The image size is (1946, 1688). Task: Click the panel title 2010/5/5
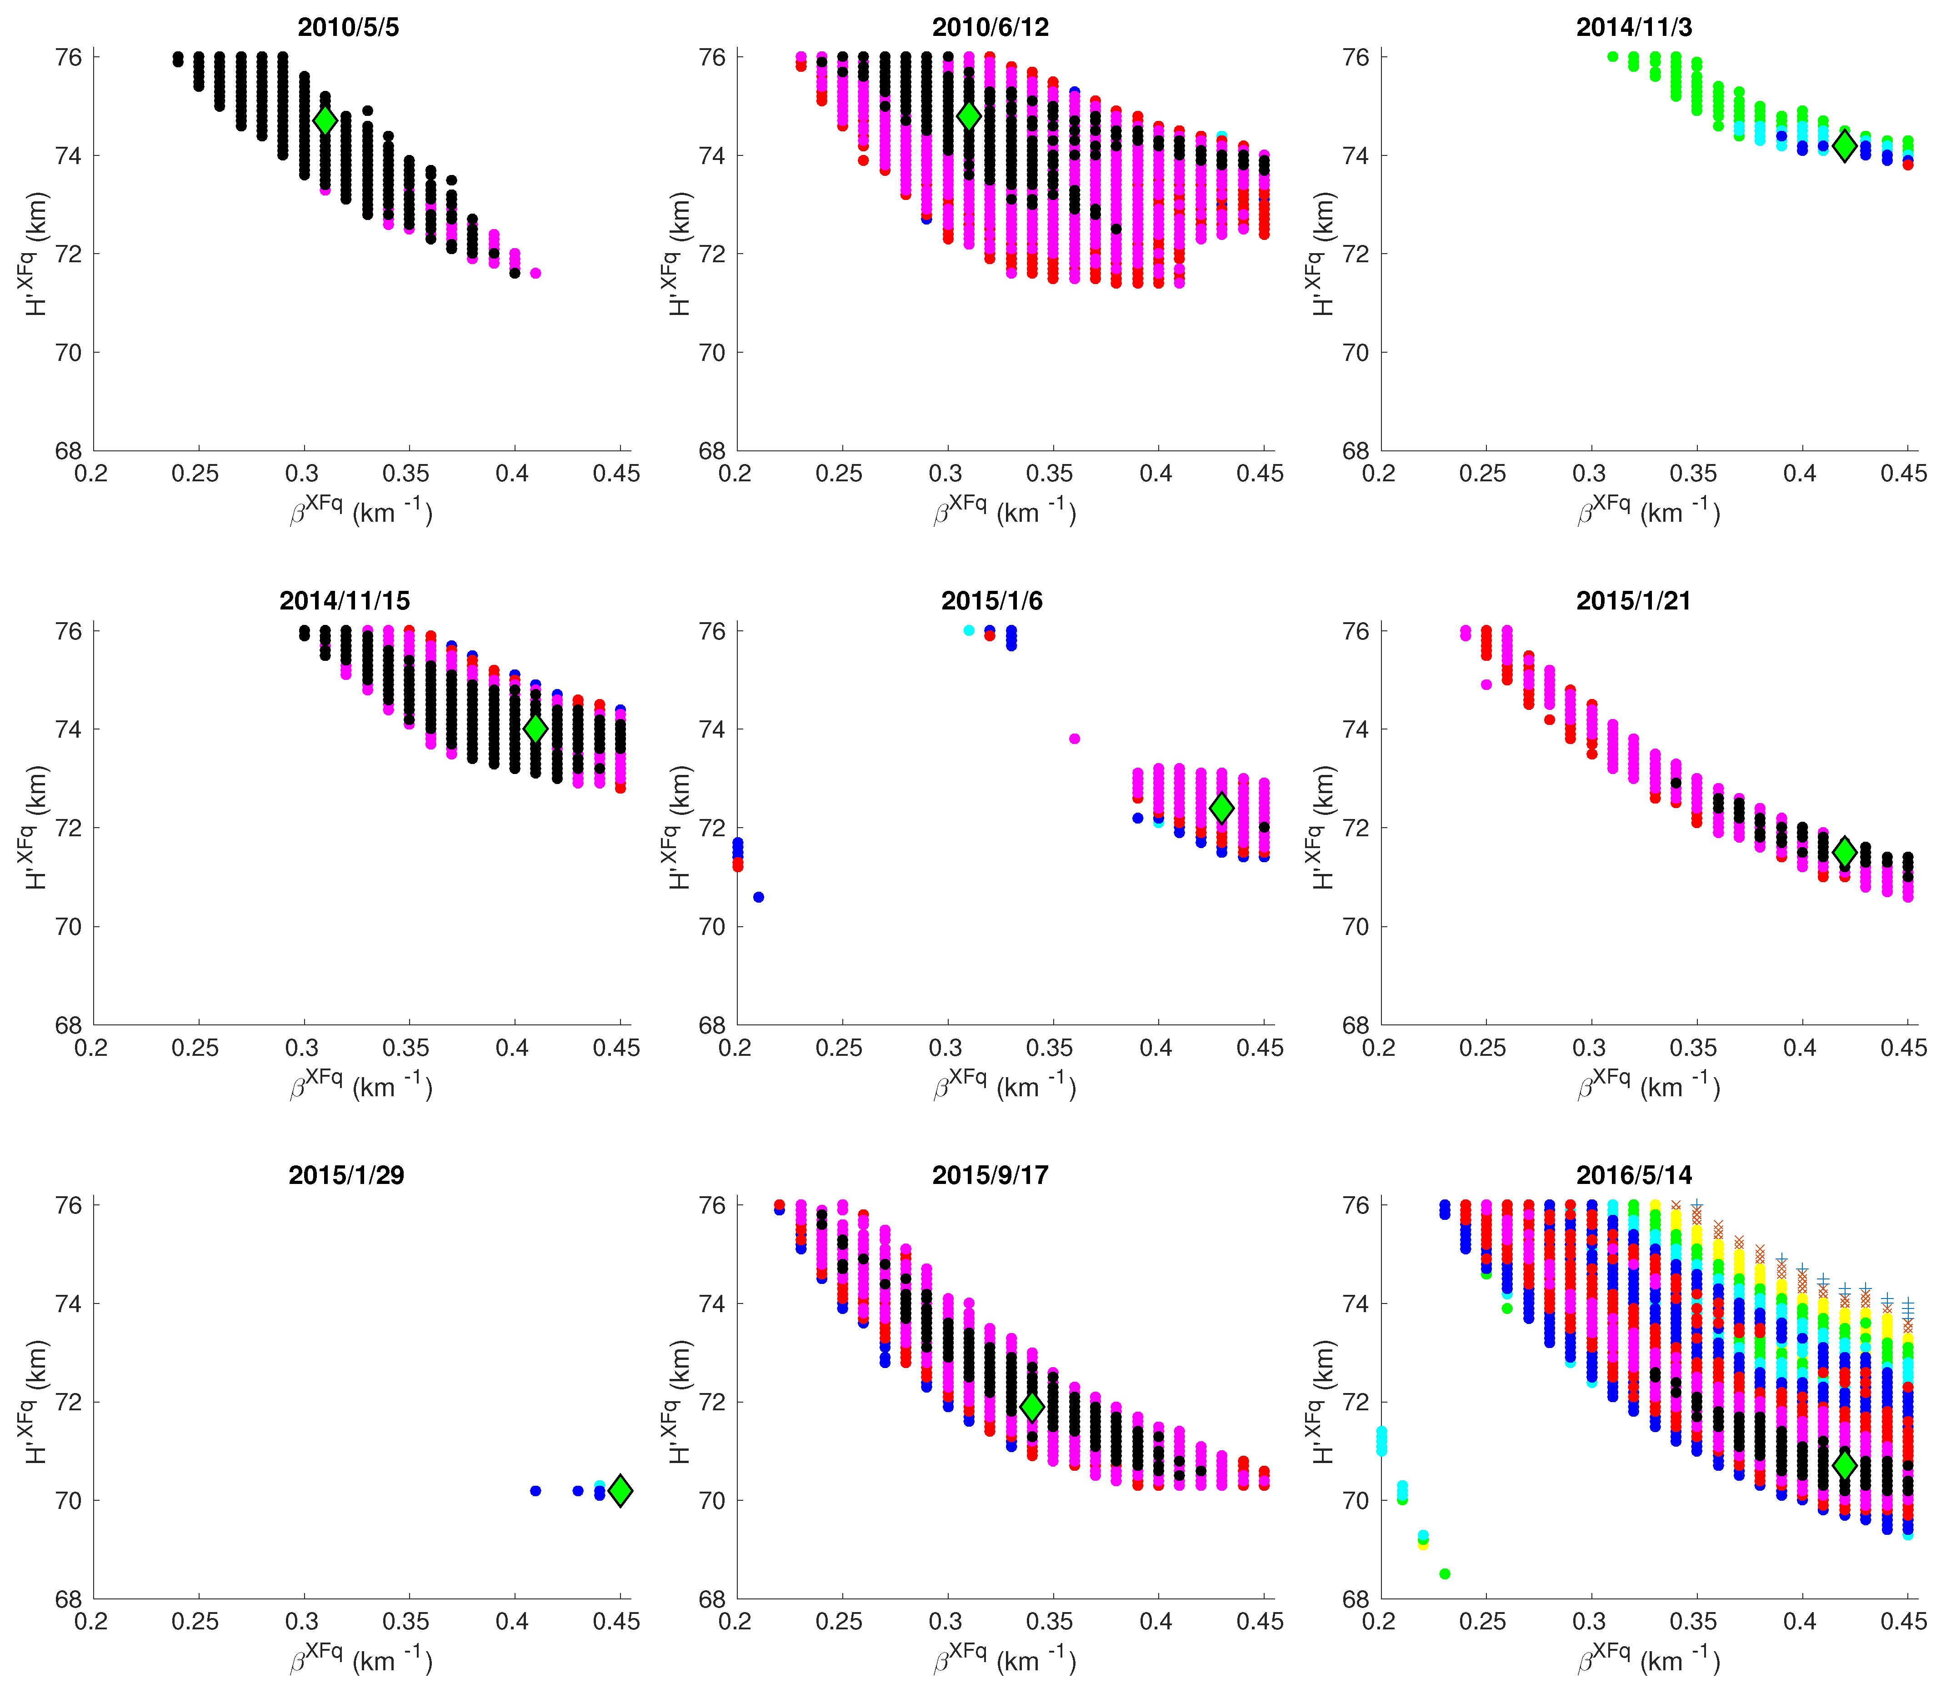(x=348, y=27)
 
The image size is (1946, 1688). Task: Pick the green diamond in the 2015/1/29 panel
(x=620, y=1490)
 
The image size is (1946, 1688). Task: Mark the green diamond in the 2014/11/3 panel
(x=1844, y=146)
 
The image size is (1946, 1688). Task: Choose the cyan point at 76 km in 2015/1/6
(x=969, y=630)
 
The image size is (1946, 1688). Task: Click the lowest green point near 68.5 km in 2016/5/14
(x=1445, y=1573)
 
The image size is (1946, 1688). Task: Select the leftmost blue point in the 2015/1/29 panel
(x=535, y=1490)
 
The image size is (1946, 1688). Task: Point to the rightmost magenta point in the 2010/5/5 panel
(x=535, y=273)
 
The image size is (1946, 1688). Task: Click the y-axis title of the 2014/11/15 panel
(x=36, y=827)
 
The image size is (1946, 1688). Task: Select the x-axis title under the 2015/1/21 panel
(x=1648, y=1086)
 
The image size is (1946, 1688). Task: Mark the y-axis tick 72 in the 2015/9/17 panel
(x=712, y=1402)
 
